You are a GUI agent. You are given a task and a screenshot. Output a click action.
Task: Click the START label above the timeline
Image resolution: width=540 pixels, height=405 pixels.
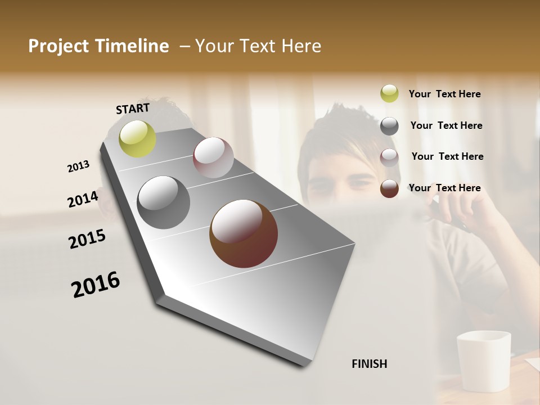click(133, 109)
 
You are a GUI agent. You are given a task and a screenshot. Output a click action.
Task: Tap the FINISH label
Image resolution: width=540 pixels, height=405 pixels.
click(370, 364)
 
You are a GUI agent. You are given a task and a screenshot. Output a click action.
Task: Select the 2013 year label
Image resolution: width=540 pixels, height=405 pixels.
click(78, 166)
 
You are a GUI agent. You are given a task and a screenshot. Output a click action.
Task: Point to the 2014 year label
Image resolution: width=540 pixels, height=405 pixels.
click(83, 199)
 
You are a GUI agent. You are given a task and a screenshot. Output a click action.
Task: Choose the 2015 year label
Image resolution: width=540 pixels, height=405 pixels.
click(87, 239)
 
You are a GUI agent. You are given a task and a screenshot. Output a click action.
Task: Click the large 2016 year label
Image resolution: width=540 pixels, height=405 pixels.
click(96, 284)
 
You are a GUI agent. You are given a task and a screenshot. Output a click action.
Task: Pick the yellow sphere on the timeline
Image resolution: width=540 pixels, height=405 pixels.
click(137, 138)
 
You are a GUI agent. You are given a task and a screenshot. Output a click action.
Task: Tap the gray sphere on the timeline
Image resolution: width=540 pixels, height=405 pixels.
click(164, 202)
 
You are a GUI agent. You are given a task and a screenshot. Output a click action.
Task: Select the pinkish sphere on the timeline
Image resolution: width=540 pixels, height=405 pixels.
click(213, 157)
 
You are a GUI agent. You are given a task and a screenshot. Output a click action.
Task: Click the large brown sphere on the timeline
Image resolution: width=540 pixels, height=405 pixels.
click(244, 233)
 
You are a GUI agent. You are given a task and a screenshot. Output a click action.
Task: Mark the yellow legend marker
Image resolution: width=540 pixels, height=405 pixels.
click(389, 94)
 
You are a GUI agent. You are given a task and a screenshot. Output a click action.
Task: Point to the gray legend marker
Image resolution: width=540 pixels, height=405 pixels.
click(389, 126)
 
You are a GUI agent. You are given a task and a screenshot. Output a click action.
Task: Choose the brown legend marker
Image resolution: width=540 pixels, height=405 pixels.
click(389, 188)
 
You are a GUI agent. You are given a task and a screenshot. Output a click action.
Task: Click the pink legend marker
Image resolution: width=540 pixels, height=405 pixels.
click(389, 157)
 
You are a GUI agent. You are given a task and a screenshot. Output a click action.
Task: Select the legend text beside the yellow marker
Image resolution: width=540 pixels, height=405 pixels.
click(444, 94)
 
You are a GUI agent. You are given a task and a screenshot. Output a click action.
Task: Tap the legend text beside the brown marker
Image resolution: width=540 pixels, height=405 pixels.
click(444, 188)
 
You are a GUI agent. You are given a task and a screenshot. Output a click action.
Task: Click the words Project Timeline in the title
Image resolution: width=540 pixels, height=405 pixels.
click(98, 46)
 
